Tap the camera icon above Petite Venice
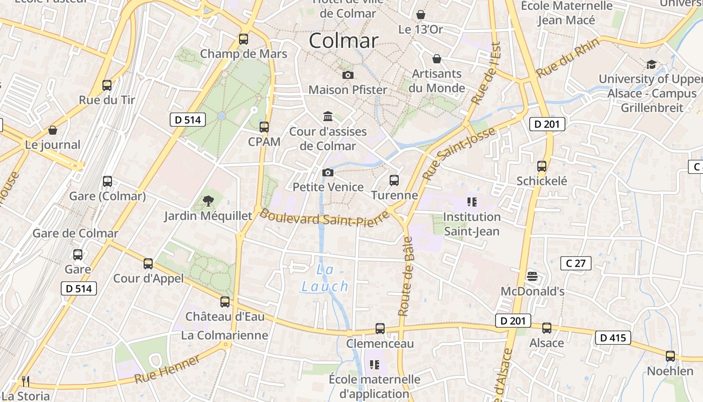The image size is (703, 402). pyautogui.click(x=327, y=173)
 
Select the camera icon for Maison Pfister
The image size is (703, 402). pyautogui.click(x=347, y=75)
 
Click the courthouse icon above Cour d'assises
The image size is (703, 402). pyautogui.click(x=328, y=117)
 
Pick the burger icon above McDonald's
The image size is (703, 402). pyautogui.click(x=532, y=276)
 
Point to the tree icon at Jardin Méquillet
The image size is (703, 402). pyautogui.click(x=208, y=202)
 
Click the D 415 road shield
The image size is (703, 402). pyautogui.click(x=613, y=338)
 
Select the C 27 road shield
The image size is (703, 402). pyautogui.click(x=575, y=263)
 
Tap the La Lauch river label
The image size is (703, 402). pyautogui.click(x=325, y=278)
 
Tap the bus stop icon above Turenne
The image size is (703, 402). pyautogui.click(x=394, y=180)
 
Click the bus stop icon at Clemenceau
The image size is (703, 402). pyautogui.click(x=380, y=329)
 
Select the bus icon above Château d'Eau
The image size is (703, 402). pyautogui.click(x=225, y=301)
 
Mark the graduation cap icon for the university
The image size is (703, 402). pyautogui.click(x=651, y=64)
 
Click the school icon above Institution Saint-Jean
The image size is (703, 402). pyautogui.click(x=472, y=202)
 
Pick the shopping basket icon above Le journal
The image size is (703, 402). pyautogui.click(x=53, y=131)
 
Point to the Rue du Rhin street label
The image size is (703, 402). pyautogui.click(x=567, y=59)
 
